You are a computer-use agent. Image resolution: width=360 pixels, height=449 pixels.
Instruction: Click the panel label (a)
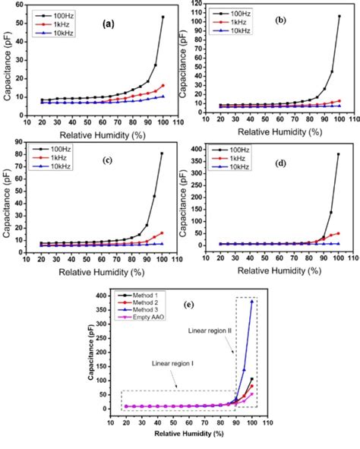[108, 24]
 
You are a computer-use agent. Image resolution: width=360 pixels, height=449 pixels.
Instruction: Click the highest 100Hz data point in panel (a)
[163, 17]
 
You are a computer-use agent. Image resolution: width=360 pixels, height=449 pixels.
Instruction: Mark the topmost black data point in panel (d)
[339, 153]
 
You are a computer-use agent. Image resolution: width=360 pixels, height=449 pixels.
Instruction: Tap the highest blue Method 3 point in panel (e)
[252, 301]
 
